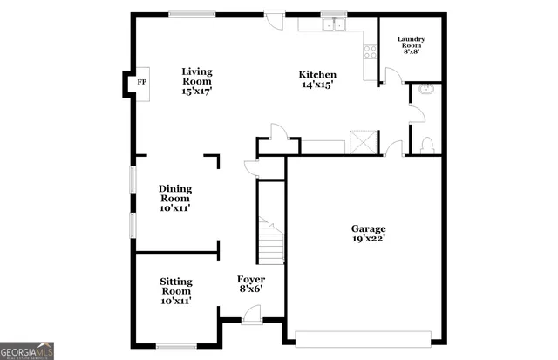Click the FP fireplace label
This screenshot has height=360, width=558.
tap(141, 84)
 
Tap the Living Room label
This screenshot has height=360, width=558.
tap(197, 81)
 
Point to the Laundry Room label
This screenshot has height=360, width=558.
tap(411, 45)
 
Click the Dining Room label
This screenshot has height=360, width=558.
tap(175, 198)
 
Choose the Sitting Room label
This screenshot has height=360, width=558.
tap(175, 291)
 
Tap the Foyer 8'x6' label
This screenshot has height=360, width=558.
tap(251, 284)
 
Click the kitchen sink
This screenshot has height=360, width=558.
tap(332, 25)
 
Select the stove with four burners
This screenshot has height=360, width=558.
tap(370, 51)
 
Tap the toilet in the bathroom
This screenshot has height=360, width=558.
tap(427, 146)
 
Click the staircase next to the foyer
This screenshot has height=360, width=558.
tap(270, 235)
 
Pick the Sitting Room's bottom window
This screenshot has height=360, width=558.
tap(176, 345)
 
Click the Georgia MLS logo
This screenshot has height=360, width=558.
tap(27, 350)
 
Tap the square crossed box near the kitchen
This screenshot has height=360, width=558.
tap(362, 142)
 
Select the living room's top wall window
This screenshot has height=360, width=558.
tap(193, 13)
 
